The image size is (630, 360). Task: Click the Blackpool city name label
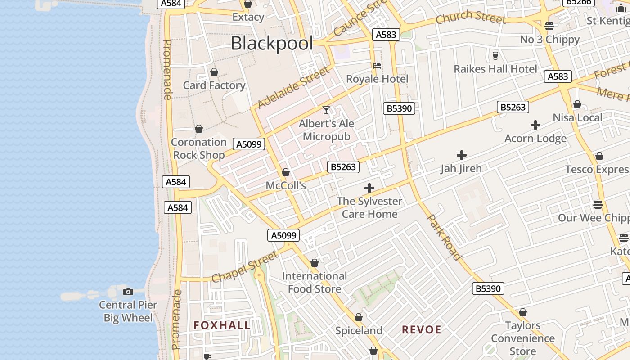pos(271,44)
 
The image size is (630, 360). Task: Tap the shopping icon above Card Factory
pos(214,72)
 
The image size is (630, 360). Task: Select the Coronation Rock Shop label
pos(199,148)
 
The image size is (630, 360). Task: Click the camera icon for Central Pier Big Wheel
pos(128,292)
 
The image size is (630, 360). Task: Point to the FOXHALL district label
pos(222,325)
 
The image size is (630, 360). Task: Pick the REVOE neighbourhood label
pos(422,329)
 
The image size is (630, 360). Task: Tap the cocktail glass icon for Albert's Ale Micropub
pos(326,110)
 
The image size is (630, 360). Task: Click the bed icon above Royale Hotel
pos(377,66)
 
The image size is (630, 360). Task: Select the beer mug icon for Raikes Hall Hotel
pos(495,55)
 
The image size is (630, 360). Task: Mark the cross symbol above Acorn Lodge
pos(535,125)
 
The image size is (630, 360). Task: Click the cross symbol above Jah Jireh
pos(461,156)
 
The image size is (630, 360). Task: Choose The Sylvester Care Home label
pos(369,207)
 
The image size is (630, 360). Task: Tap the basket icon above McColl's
pos(286,172)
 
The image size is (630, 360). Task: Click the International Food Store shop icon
pos(315,263)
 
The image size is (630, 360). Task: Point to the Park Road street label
pos(444,237)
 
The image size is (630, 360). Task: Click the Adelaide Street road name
pos(293,88)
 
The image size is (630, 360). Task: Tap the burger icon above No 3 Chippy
pos(549,26)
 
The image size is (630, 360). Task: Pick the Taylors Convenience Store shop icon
pos(523,312)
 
